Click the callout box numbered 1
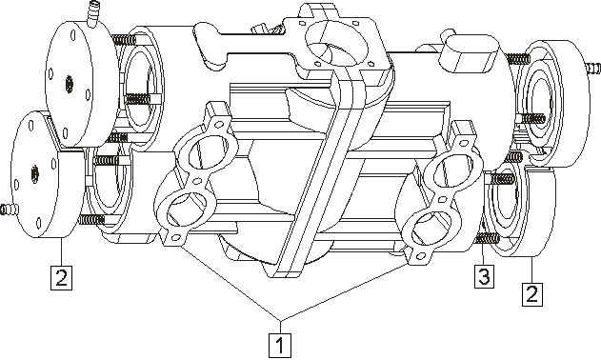280,345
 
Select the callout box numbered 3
484,276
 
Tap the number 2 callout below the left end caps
61,277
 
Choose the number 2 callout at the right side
532,294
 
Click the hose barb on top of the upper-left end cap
91,13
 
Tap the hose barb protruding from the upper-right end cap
593,68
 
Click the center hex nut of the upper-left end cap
69,84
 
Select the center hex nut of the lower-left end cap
34,174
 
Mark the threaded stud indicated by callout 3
487,239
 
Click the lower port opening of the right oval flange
431,230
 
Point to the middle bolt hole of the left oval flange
198,180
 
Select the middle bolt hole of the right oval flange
442,200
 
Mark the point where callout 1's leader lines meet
281,320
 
